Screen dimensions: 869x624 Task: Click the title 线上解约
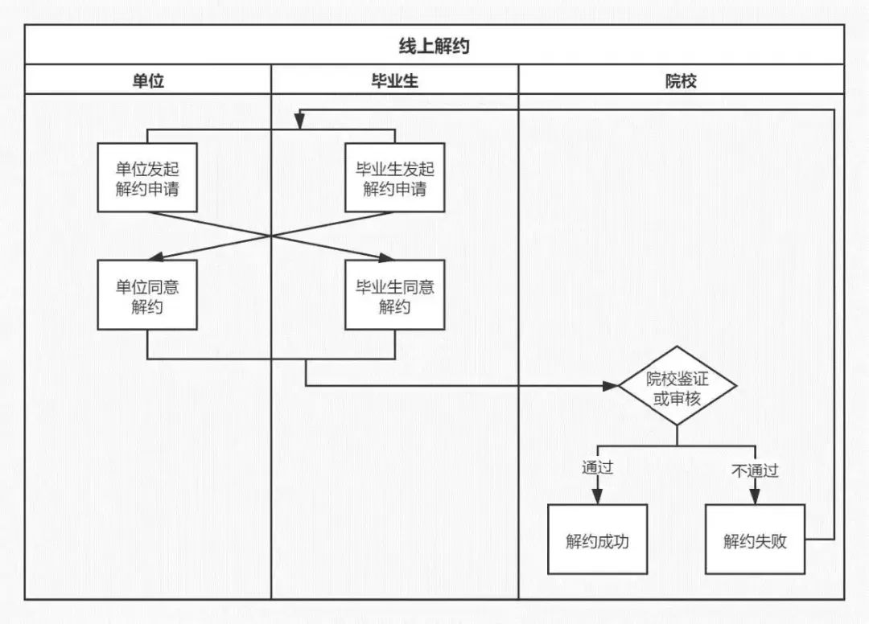(434, 45)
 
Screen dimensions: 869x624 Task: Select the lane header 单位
(148, 81)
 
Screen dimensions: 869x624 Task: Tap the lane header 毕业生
(394, 81)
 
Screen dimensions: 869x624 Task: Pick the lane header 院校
(681, 81)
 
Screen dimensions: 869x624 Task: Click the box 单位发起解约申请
(147, 178)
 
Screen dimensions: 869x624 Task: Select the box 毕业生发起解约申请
(394, 178)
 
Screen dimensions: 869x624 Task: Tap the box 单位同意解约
(147, 295)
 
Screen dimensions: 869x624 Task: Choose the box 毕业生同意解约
(394, 295)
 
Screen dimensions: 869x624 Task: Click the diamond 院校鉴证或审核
(677, 386)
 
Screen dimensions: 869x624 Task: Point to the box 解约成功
(597, 540)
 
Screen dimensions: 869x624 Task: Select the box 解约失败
(755, 540)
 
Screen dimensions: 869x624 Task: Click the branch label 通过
(597, 468)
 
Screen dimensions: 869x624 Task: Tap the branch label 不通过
(755, 470)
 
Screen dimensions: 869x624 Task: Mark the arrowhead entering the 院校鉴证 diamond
(611, 386)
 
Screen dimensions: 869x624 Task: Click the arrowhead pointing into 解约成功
(597, 496)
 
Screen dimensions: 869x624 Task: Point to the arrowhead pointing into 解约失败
(755, 496)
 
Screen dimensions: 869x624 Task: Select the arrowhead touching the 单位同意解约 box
(156, 257)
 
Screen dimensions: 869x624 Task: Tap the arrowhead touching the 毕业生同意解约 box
(385, 257)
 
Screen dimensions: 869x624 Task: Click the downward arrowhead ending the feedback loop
(299, 121)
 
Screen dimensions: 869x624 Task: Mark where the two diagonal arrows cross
(271, 236)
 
